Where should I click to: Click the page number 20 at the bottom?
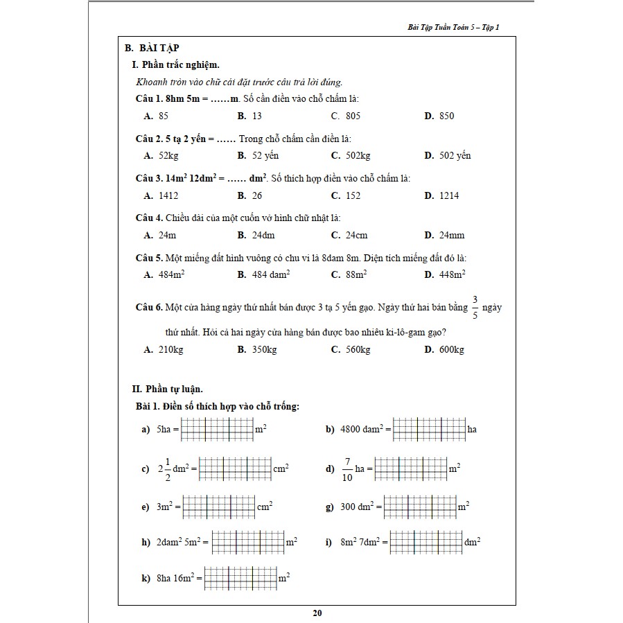(x=317, y=613)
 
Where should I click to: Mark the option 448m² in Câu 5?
(x=451, y=275)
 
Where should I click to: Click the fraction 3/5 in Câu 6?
(x=475, y=306)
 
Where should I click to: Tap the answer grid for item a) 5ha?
(x=217, y=430)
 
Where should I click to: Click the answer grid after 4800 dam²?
(x=429, y=429)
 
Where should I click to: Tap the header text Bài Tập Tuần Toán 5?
(x=454, y=28)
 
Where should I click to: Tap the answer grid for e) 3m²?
(x=218, y=507)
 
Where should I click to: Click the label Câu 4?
(x=148, y=218)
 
